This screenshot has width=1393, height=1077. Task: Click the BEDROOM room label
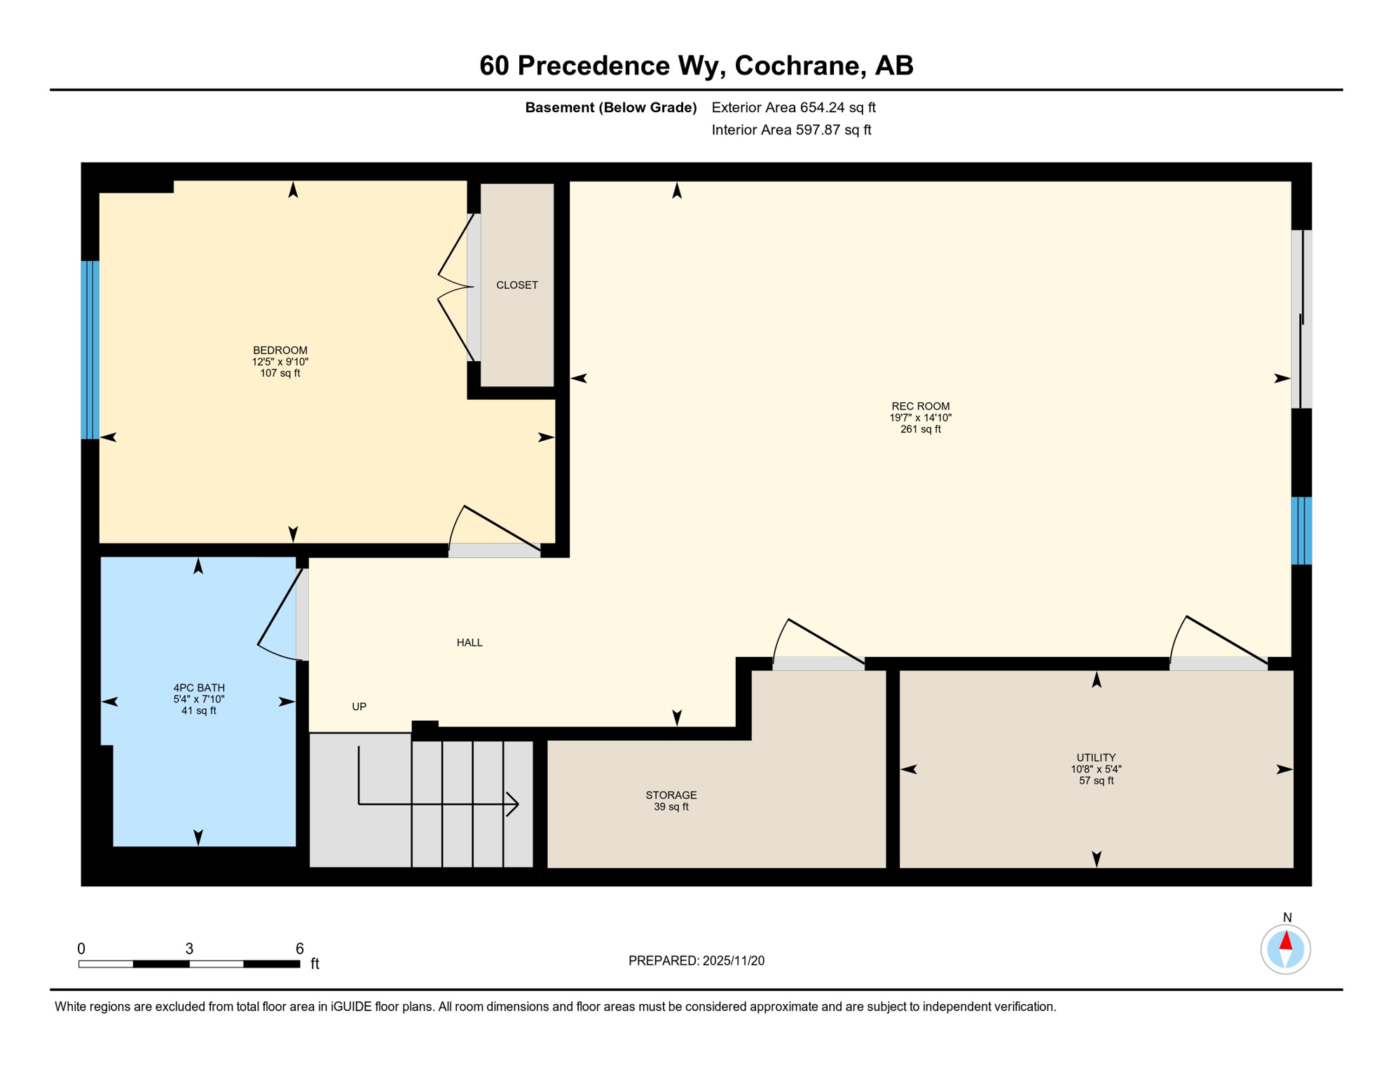pyautogui.click(x=280, y=350)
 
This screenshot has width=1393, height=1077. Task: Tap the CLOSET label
pyautogui.click(x=516, y=285)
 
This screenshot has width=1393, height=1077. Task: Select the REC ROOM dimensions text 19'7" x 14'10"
pyautogui.click(x=920, y=417)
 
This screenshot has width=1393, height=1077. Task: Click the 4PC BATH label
pyautogui.click(x=199, y=688)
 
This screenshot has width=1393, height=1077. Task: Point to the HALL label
pyautogui.click(x=469, y=642)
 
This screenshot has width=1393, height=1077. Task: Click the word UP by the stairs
pyautogui.click(x=359, y=706)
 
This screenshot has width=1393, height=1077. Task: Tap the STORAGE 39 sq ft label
pyautogui.click(x=671, y=800)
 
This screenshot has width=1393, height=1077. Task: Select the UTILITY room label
pyautogui.click(x=1095, y=757)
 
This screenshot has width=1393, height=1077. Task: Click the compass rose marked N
pyautogui.click(x=1285, y=949)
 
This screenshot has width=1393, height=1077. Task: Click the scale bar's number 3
pyautogui.click(x=189, y=948)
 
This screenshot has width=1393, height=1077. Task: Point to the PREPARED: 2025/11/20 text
pyautogui.click(x=696, y=961)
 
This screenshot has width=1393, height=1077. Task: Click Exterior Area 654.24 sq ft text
pyautogui.click(x=793, y=107)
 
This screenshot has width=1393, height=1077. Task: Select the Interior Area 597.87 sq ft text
pyautogui.click(x=791, y=130)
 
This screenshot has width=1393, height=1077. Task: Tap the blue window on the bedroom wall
pyautogui.click(x=90, y=350)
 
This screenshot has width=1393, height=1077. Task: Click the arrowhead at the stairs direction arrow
pyautogui.click(x=513, y=804)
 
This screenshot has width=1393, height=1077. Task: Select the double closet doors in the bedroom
pyautogui.click(x=455, y=287)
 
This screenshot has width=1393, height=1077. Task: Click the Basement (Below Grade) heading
pyautogui.click(x=610, y=107)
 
